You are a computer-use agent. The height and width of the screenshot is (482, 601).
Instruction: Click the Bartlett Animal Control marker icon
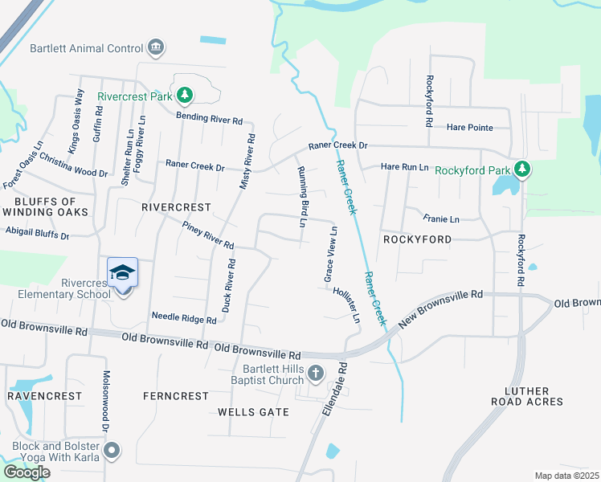[156, 48]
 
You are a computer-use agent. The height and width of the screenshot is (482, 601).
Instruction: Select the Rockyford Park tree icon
[523, 170]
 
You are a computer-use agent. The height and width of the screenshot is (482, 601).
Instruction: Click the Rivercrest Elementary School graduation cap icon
[122, 274]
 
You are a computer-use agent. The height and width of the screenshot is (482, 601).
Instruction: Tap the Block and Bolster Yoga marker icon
[112, 451]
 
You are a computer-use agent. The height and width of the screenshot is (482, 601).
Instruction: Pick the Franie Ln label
[441, 219]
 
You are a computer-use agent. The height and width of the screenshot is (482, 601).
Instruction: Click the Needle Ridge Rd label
[184, 318]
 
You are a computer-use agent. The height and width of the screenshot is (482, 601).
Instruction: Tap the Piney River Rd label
[207, 235]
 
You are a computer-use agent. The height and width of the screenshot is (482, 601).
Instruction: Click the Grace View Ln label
[329, 254]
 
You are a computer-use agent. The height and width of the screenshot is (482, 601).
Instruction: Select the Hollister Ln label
[347, 305]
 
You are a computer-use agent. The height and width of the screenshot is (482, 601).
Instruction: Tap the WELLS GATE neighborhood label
[253, 411]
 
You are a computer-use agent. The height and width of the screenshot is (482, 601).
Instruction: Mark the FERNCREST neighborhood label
[170, 396]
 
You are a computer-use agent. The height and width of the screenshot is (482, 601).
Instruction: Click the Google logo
[27, 472]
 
